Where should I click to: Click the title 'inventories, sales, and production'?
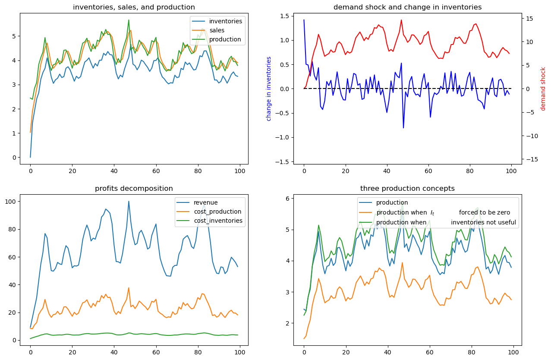pos(134,7)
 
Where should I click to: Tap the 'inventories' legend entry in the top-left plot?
pos(225,21)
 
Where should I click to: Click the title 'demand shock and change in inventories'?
pos(407,7)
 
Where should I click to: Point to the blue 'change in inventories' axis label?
pos(269,88)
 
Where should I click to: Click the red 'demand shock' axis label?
pos(543,88)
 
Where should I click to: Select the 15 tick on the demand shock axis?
pos(529,19)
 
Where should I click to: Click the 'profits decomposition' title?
pos(134,188)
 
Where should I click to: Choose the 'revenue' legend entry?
pos(206,202)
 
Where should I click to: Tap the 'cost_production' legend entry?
pos(217,212)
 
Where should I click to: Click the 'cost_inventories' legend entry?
pos(218,221)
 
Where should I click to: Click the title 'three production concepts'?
pos(407,188)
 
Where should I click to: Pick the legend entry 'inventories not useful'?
pos(483,222)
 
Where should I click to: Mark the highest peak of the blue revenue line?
pos(129,201)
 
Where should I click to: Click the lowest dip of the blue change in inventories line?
pos(403,128)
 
